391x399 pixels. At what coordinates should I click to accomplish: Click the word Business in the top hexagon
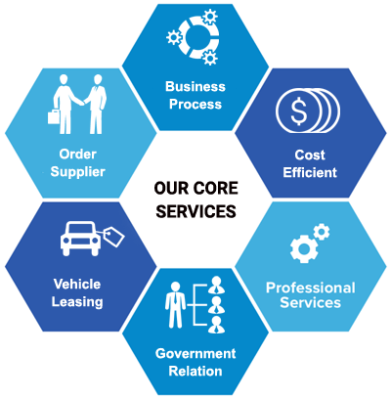pyautogui.click(x=195, y=87)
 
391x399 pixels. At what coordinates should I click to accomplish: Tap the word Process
pyautogui.click(x=195, y=105)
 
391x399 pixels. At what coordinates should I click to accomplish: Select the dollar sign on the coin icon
pyautogui.click(x=299, y=111)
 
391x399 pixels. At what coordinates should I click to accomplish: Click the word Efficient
pyautogui.click(x=310, y=172)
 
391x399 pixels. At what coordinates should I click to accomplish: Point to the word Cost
pyautogui.click(x=310, y=155)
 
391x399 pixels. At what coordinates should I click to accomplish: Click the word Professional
pyautogui.click(x=311, y=288)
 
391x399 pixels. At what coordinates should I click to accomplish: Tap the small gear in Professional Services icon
pyautogui.click(x=322, y=232)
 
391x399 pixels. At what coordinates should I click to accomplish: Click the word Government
pyautogui.click(x=195, y=354)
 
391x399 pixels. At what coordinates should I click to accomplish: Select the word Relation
pyautogui.click(x=195, y=372)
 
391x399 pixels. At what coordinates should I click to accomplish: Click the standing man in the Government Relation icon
pyautogui.click(x=175, y=305)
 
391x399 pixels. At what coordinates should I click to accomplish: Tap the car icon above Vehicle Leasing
pyautogui.click(x=80, y=239)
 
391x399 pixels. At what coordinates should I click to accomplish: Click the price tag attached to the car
pyautogui.click(x=114, y=237)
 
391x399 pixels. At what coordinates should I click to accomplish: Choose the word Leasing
pyautogui.click(x=77, y=302)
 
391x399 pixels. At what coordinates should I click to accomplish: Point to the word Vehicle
pyautogui.click(x=77, y=285)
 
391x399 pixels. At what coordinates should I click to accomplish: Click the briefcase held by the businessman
pyautogui.click(x=54, y=116)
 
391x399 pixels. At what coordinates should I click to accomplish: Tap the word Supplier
pyautogui.click(x=78, y=172)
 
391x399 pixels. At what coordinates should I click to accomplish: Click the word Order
pyautogui.click(x=78, y=155)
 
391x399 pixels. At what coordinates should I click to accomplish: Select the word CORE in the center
pyautogui.click(x=215, y=189)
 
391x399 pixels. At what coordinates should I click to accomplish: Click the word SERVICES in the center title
pyautogui.click(x=195, y=211)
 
